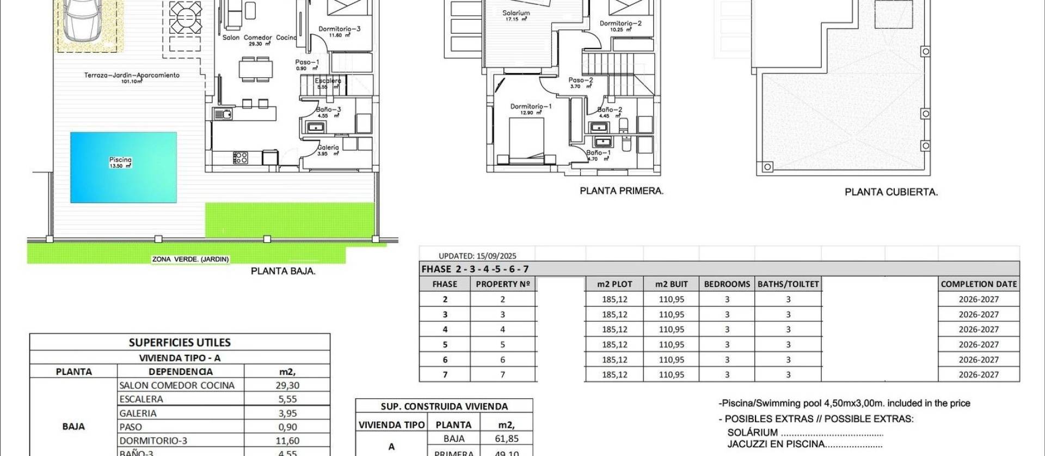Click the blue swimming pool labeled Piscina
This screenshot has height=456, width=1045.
click(x=124, y=168)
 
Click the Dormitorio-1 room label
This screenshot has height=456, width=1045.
click(x=531, y=107)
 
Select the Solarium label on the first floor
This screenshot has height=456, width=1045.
click(x=516, y=13)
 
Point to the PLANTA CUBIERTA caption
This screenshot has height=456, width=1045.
click(x=891, y=192)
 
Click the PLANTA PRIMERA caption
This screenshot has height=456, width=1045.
click(x=622, y=191)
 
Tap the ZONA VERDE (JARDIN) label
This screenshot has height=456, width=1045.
click(x=190, y=259)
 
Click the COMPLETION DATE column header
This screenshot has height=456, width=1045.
click(x=979, y=284)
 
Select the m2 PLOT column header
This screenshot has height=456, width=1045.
click(x=614, y=284)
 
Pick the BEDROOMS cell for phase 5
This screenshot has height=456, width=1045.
click(x=727, y=344)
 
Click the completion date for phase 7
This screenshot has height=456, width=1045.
click(x=979, y=374)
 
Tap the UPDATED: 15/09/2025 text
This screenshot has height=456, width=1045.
click(x=477, y=256)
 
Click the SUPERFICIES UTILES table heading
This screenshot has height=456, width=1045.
click(x=180, y=342)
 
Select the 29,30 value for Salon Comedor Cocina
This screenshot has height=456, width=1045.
click(x=287, y=385)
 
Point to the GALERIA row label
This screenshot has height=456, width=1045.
click(x=138, y=413)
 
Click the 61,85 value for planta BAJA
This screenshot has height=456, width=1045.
click(x=506, y=439)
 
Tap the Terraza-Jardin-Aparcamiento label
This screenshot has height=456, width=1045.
click(x=132, y=75)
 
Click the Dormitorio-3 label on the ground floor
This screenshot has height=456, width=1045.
click(x=339, y=29)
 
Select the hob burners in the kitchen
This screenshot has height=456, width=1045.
click(x=241, y=158)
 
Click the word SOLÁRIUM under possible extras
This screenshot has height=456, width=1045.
click(x=752, y=433)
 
